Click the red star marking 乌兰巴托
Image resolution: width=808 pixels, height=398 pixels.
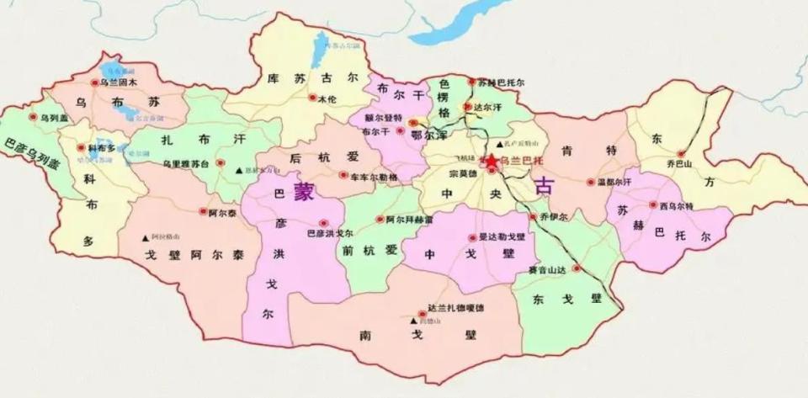click(490, 158)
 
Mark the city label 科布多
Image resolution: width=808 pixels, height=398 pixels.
click(101, 147)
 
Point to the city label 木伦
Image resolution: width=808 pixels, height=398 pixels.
click(327, 98)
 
